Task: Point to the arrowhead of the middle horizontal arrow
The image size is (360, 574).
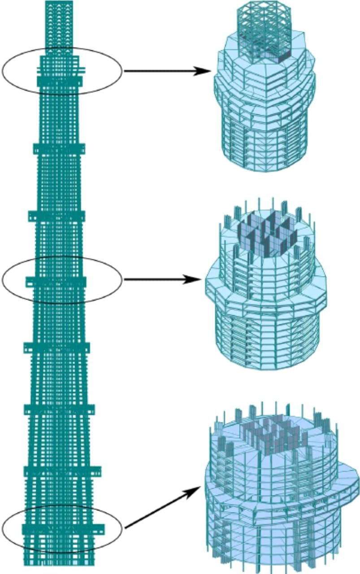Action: click(195, 279)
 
